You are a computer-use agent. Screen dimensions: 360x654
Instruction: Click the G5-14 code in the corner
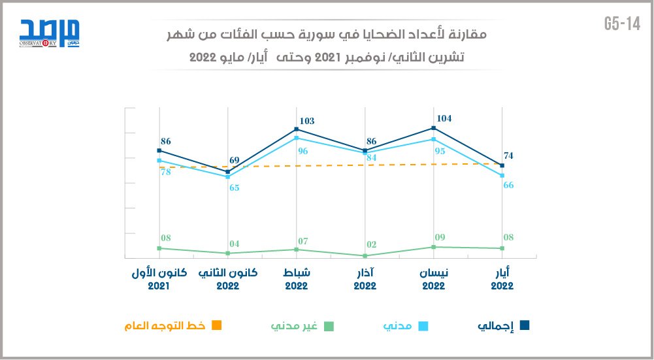click(622, 24)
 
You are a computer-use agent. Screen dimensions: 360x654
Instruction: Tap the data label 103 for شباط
click(306, 121)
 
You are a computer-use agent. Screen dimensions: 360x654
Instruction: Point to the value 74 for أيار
click(508, 155)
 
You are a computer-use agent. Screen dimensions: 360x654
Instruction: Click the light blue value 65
click(234, 188)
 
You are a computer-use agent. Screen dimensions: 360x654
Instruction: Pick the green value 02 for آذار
click(370, 244)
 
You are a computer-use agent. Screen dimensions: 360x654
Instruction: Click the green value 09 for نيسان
click(440, 237)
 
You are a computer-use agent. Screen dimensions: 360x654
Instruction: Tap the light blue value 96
click(302, 151)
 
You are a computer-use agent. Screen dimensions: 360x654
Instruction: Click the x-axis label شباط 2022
click(296, 279)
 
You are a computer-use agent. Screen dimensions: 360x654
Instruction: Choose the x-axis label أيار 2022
click(502, 279)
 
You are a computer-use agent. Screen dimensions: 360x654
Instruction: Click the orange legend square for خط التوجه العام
click(218, 325)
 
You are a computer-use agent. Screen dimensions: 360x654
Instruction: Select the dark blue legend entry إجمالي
click(502, 325)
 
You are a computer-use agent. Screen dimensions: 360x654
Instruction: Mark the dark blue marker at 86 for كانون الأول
click(159, 151)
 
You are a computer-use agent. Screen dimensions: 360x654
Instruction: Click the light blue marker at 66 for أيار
click(502, 176)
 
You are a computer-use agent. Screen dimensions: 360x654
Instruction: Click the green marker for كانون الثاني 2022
click(227, 254)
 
